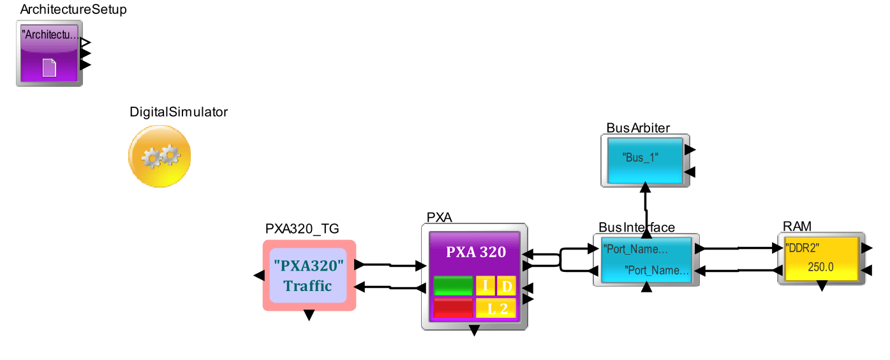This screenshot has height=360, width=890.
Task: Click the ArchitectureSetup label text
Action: tap(73, 10)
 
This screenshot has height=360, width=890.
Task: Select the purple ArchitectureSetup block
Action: tap(49, 54)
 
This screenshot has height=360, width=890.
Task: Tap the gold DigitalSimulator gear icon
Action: tap(159, 156)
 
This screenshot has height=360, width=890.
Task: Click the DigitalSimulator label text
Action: tap(179, 112)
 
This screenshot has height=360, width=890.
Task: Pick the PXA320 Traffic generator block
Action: tap(309, 275)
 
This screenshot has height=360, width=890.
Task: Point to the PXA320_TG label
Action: tap(302, 229)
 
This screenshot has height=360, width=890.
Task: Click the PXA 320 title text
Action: tap(475, 251)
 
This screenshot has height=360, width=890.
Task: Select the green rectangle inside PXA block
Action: tap(452, 286)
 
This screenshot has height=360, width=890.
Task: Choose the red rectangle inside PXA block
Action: tap(452, 308)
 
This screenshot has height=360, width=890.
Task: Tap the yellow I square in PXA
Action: tap(485, 286)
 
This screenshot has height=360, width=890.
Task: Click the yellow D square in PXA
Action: tap(506, 286)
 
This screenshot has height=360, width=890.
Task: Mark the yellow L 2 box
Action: tap(496, 308)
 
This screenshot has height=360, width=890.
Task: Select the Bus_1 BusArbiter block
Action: tap(645, 160)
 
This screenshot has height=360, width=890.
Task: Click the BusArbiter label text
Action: tap(638, 128)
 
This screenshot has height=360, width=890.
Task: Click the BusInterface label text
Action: tap(637, 227)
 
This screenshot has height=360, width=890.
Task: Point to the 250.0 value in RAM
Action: tap(820, 267)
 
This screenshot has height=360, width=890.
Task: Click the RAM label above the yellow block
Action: tap(797, 226)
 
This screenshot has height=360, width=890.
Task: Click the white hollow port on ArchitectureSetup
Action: tap(85, 43)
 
